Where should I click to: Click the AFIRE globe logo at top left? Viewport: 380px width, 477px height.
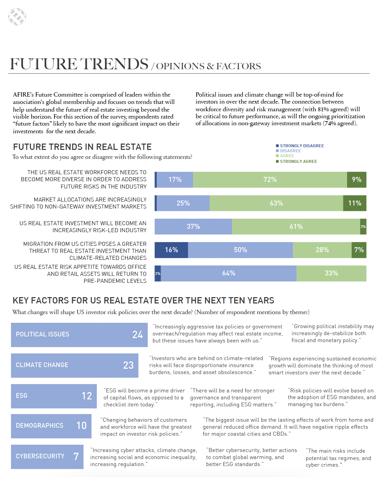tap(17, 17)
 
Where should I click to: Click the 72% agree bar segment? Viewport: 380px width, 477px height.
tap(270, 180)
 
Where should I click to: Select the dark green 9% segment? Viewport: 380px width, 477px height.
tap(356, 180)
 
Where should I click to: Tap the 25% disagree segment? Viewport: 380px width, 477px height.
tap(183, 203)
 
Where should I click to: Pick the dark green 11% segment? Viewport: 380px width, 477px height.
tap(354, 203)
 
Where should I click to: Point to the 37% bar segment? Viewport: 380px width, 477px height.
tap(193, 227)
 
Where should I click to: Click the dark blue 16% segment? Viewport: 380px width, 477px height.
tap(171, 250)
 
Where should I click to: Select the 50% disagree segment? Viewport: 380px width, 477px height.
tap(240, 250)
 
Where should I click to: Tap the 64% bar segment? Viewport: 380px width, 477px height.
tap(229, 273)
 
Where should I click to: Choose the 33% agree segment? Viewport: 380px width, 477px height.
tap(331, 273)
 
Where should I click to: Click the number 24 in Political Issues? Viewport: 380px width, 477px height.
tap(137, 335)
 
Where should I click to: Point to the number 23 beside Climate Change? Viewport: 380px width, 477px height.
tap(128, 365)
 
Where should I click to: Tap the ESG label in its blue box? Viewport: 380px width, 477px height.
tap(22, 396)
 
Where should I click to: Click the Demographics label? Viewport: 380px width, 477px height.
tap(40, 426)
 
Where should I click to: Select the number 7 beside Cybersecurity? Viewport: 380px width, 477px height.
tap(76, 456)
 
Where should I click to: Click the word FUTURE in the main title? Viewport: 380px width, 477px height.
tap(44, 64)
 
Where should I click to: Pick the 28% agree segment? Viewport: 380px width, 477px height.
tap(322, 250)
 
